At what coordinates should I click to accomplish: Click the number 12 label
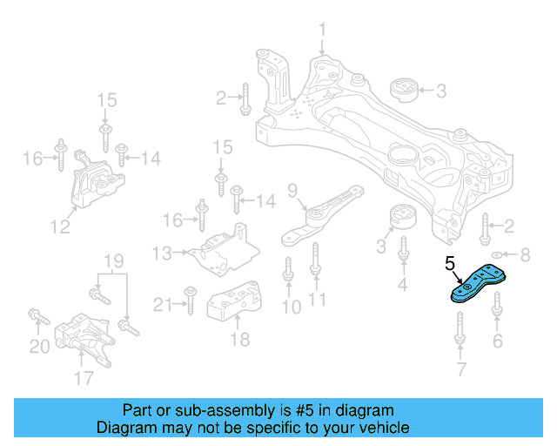click(59, 228)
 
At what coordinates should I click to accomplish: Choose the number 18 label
click(239, 339)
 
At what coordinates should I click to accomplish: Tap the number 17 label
click(84, 378)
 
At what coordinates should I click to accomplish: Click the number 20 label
click(39, 346)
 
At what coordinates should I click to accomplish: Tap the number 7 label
click(462, 372)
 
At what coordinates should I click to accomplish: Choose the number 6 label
click(498, 340)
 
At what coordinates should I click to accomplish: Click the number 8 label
click(524, 256)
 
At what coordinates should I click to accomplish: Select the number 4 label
click(402, 285)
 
